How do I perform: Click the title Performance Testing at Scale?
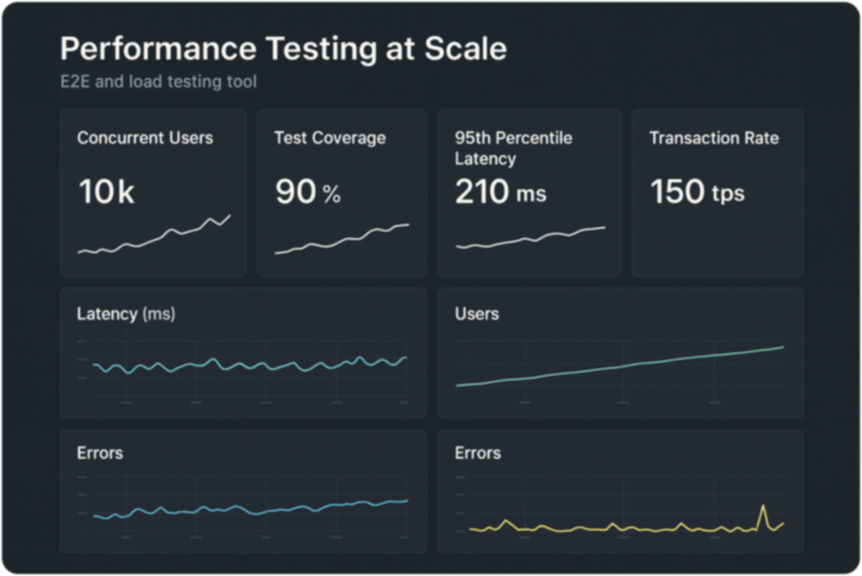pos(283,48)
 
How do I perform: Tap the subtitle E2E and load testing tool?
pos(158,81)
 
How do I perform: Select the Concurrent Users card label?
pos(145,138)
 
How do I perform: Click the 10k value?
pos(106,191)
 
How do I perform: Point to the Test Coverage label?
pos(330,138)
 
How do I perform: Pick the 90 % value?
pos(307,192)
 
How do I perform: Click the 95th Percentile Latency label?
pos(513,148)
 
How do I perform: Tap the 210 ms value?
pos(500,192)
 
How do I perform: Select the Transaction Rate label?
pos(714,138)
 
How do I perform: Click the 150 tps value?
pos(697,192)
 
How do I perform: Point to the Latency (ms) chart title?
pos(126,314)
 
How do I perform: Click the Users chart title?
pos(476,314)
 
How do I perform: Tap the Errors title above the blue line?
pos(100,453)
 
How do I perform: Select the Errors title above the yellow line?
pos(477,453)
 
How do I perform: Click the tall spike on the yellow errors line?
pos(763,507)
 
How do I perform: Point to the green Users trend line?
pos(620,366)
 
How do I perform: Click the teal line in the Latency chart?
pos(250,365)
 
